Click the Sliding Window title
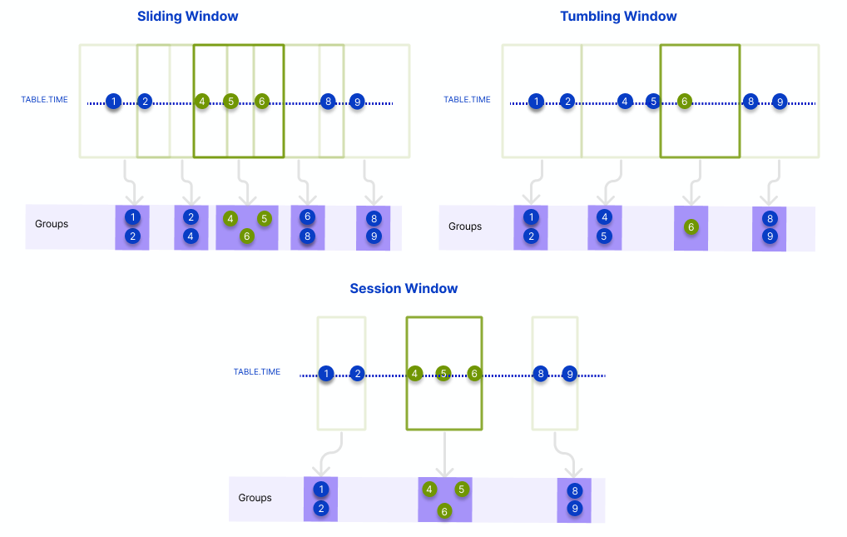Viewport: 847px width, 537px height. coord(187,17)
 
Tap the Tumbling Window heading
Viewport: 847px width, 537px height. coord(618,17)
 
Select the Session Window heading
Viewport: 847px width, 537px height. coord(404,289)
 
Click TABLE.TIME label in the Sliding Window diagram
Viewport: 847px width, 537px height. coord(45,100)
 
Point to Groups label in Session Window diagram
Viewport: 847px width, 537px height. coord(255,498)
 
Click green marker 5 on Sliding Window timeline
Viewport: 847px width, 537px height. coord(231,102)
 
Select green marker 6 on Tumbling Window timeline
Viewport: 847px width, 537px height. coord(684,102)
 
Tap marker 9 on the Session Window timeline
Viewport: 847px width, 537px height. coord(570,374)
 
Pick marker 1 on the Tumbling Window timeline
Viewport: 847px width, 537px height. coord(537,102)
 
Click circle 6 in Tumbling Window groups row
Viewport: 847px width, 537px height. coord(691,226)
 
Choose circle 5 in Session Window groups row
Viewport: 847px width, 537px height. coord(462,490)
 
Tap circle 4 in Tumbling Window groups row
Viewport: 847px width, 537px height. coord(605,217)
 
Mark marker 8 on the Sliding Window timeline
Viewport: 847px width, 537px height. coord(329,102)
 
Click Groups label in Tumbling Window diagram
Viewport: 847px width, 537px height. coord(465,226)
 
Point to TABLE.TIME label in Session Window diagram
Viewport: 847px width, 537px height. coord(257,372)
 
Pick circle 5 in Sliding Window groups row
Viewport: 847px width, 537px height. coord(265,219)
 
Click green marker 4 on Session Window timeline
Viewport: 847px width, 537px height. coord(415,374)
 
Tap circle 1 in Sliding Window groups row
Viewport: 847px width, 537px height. coord(131,217)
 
